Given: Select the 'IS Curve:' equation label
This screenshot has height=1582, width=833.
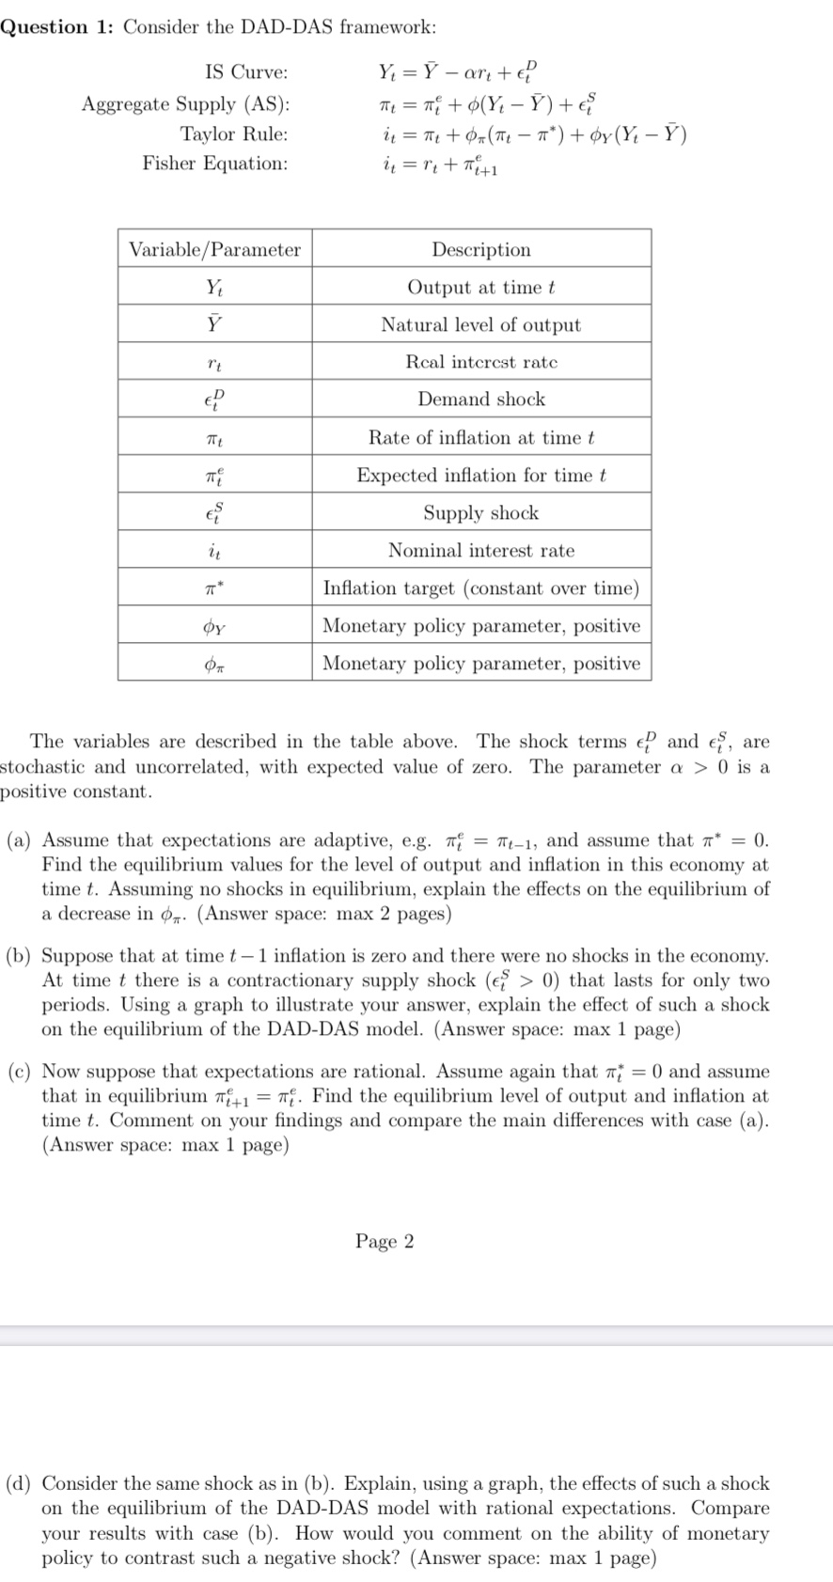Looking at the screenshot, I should [x=246, y=72].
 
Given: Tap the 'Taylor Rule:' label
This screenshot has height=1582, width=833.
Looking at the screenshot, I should [x=234, y=133].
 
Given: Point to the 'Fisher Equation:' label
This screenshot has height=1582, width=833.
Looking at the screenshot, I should [x=215, y=164].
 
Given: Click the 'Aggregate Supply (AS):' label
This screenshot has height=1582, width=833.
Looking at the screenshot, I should [x=185, y=103].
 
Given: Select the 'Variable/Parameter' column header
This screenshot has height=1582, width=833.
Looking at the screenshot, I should [x=214, y=249].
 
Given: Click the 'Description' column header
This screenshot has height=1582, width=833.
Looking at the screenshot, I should [x=480, y=249].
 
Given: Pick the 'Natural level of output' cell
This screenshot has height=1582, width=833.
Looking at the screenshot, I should [x=480, y=324].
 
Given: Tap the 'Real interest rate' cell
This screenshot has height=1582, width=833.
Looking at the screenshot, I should [x=480, y=362].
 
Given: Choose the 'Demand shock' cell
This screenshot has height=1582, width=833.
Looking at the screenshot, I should [x=480, y=399].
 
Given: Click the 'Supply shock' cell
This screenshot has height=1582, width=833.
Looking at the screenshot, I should [x=480, y=513].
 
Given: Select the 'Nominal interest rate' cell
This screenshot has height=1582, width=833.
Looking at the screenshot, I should [x=480, y=551].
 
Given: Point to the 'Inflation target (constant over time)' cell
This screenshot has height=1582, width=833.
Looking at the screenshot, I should [x=480, y=588].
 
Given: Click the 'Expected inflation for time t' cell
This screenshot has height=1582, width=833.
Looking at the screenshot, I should [x=480, y=476].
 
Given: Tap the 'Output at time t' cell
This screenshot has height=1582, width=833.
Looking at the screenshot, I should [x=480, y=288].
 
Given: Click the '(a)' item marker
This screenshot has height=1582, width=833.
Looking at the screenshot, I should [x=19, y=840].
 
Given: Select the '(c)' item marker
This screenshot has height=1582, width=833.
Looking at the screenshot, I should [x=19, y=1072].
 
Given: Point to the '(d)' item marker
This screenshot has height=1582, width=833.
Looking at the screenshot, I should [x=19, y=1483].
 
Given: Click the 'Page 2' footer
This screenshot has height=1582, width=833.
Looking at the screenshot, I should [x=384, y=1242].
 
